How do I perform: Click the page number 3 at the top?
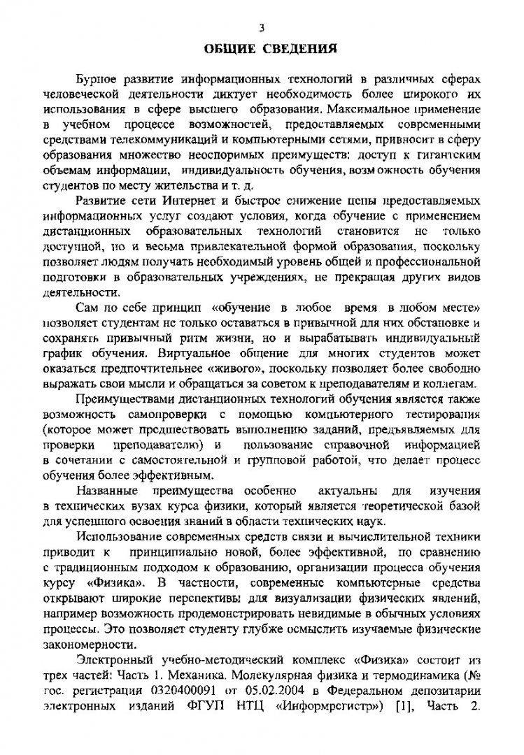[261, 29]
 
